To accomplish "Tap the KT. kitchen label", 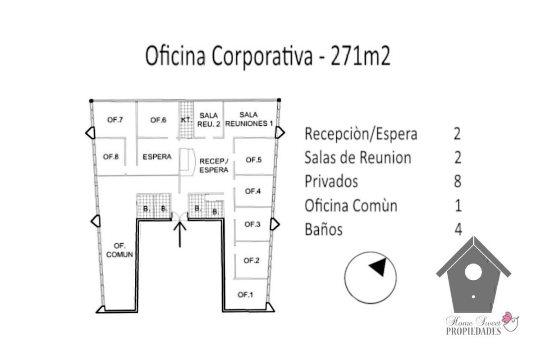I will [x=185, y=120].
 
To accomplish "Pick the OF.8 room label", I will [x=110, y=157].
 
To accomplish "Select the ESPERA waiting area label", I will [x=157, y=157].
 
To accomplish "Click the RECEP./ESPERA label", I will [x=214, y=165].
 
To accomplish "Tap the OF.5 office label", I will [x=253, y=159].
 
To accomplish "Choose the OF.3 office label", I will [x=252, y=224].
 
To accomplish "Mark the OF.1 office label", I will [x=245, y=295].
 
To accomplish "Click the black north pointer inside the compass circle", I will [x=378, y=267].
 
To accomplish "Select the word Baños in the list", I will [x=323, y=229].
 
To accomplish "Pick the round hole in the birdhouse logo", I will [x=473, y=272].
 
